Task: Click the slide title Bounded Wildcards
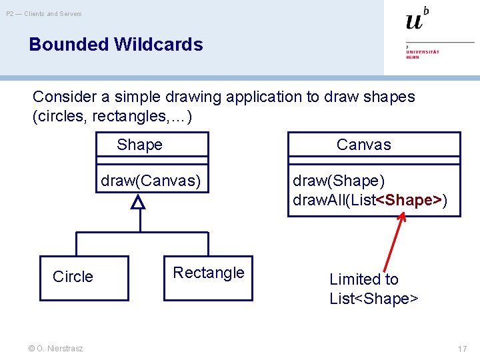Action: coord(116,45)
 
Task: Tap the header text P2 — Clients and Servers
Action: coord(44,14)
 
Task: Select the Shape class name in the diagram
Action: coord(139,145)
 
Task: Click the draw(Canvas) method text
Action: coord(150,181)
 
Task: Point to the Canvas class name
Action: coord(363,145)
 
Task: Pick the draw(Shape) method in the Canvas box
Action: coord(339,181)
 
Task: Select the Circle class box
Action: coord(84,277)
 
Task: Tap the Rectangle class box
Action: coord(209,277)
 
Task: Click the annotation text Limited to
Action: coord(363,279)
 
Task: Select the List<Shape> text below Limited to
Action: coord(373,298)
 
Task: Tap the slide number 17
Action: coord(462,349)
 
